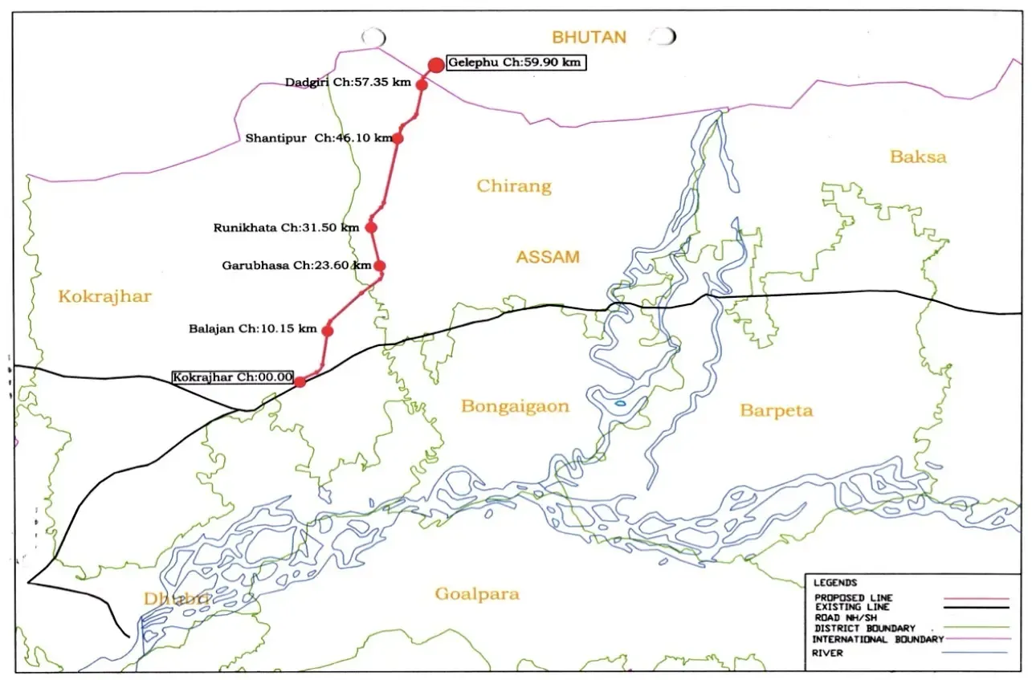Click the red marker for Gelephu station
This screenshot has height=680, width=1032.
click(435, 65)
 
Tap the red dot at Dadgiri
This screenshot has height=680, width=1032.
click(421, 84)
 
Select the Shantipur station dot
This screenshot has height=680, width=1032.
click(397, 138)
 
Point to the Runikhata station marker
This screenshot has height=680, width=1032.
click(371, 227)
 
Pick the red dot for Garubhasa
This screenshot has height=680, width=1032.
click(380, 266)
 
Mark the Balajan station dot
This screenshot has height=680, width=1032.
click(328, 330)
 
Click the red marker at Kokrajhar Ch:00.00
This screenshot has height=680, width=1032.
click(300, 381)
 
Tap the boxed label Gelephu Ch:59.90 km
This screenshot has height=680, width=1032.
click(516, 62)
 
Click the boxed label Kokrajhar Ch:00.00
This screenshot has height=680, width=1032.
click(233, 377)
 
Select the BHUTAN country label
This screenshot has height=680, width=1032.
click(588, 36)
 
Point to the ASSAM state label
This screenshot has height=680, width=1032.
click(548, 258)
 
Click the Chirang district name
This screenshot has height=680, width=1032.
click(514, 186)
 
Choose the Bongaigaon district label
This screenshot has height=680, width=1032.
click(515, 406)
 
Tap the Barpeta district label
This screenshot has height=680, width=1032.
click(776, 411)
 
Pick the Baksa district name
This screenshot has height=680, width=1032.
click(918, 157)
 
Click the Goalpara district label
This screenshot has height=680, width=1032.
click(477, 594)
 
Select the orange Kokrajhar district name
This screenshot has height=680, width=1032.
click(104, 297)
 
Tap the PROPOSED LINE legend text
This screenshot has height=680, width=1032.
click(853, 598)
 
